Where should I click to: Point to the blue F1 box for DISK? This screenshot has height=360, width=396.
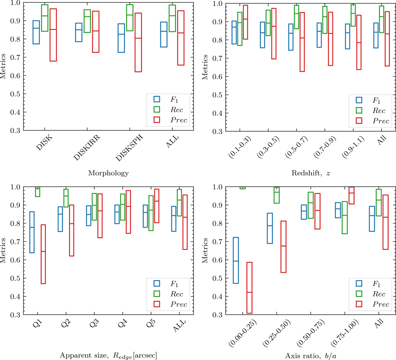coord(36,32)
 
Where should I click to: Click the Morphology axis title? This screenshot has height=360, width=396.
coord(108,173)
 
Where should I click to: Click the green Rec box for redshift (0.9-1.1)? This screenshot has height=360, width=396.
coord(353,15)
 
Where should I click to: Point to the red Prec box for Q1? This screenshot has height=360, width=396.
coord(43,254)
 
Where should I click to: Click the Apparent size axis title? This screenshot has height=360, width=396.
coord(108,355)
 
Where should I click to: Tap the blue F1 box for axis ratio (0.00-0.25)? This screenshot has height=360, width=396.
coord(236,260)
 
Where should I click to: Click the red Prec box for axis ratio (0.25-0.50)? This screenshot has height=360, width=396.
coord(283,247)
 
